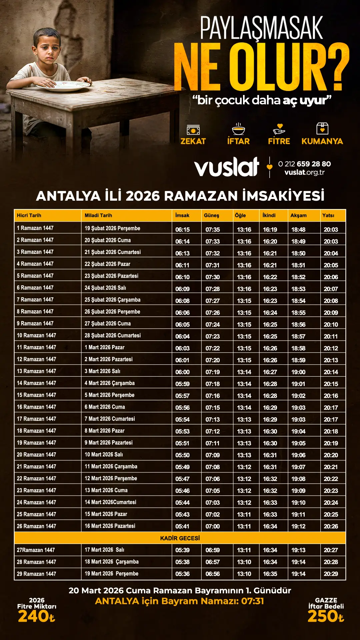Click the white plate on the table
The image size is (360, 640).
[x=63, y=86]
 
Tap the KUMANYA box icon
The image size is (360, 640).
[x=322, y=128]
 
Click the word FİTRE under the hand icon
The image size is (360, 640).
[x=279, y=141]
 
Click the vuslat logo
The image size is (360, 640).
[x=227, y=167]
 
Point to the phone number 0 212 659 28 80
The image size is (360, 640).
[x=304, y=164]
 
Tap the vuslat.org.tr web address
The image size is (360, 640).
[x=304, y=172]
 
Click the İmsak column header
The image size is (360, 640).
[x=182, y=215]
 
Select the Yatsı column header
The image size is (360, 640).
[x=328, y=215]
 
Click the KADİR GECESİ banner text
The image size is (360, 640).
[x=180, y=538]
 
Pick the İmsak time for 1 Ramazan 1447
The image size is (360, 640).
[x=183, y=230]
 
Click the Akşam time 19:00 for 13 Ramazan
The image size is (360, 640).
[x=298, y=372]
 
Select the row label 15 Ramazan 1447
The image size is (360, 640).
[x=37, y=395]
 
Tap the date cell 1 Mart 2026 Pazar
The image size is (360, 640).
[x=105, y=347]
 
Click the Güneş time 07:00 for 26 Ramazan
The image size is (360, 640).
[x=213, y=526]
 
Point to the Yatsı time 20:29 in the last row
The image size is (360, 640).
[x=331, y=574]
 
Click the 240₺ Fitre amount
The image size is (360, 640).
[x=36, y=616]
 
